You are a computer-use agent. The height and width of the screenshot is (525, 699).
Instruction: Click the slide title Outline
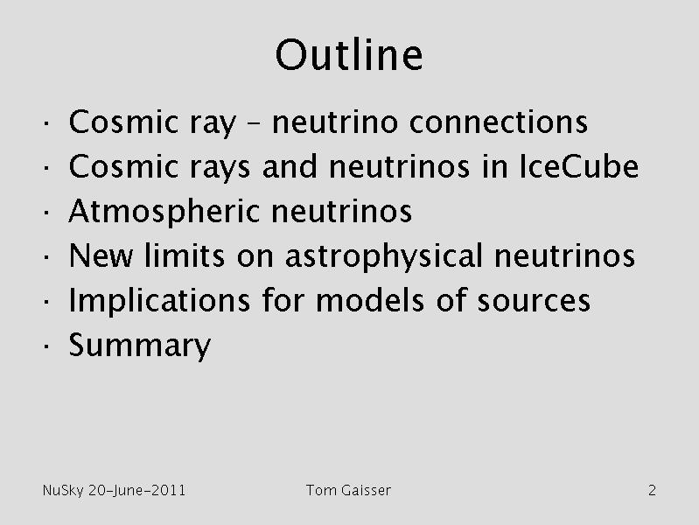point(348,55)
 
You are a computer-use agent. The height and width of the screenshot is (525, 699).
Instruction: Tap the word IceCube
point(578,167)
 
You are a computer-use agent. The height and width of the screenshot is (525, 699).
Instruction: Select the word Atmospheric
point(164,212)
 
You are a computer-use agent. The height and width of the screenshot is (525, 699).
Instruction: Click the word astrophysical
point(384,256)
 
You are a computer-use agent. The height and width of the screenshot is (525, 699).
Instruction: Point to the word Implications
point(159,301)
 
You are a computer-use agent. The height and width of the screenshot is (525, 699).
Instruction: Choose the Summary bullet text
point(139,346)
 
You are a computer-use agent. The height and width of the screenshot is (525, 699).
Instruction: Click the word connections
point(499,122)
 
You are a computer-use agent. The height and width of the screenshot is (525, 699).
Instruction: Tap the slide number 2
point(652,490)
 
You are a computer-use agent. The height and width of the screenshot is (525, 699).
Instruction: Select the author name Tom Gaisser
point(348,490)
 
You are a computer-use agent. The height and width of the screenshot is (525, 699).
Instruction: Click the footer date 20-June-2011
point(136,491)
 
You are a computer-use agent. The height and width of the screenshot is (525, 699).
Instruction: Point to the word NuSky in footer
point(63,491)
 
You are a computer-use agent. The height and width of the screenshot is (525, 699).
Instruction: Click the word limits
point(185,255)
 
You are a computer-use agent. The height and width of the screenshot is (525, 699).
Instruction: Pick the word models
point(370,300)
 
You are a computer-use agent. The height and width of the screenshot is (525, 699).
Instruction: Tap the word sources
point(534,302)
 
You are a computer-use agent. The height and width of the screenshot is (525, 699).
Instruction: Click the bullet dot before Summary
point(46,346)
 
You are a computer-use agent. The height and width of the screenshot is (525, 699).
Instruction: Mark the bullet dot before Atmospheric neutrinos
point(46,212)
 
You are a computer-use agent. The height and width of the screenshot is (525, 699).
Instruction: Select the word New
point(101,256)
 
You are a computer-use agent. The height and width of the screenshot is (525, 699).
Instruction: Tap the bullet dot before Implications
point(46,301)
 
